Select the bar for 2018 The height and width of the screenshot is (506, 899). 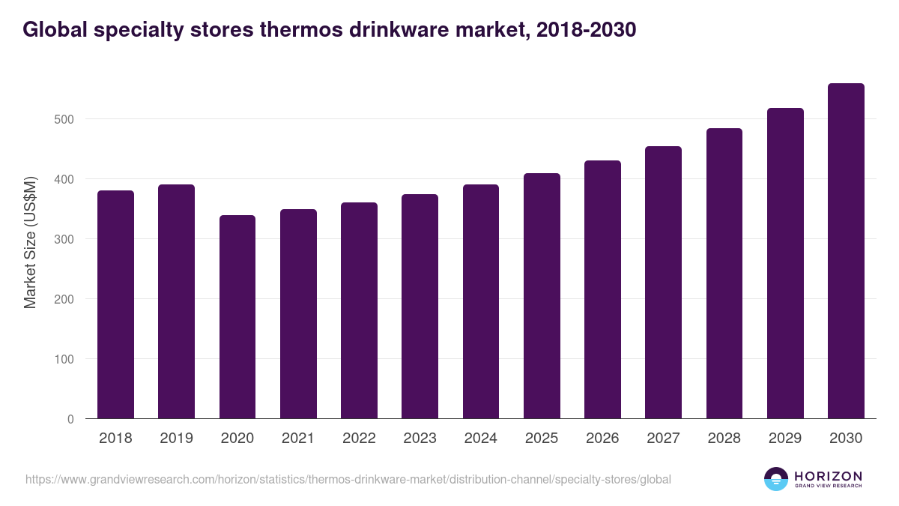coord(115,304)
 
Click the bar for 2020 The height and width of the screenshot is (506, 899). coord(237,317)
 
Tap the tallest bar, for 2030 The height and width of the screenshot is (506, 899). coord(846,251)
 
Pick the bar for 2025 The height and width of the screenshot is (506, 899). coord(542,296)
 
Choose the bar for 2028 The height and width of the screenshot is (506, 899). coord(724,274)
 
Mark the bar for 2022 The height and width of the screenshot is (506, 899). coord(359,310)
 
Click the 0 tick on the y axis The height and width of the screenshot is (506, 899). coord(70,419)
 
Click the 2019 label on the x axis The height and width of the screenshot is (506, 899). coord(176,439)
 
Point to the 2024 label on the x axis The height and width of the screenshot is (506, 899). coord(480,439)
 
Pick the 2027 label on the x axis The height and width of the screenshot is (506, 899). coord(663,439)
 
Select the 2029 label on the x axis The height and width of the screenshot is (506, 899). coord(785,439)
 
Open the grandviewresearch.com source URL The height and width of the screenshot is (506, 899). coord(348,479)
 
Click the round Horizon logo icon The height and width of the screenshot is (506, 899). coord(776,479)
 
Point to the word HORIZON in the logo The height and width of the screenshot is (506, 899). coord(828,475)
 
